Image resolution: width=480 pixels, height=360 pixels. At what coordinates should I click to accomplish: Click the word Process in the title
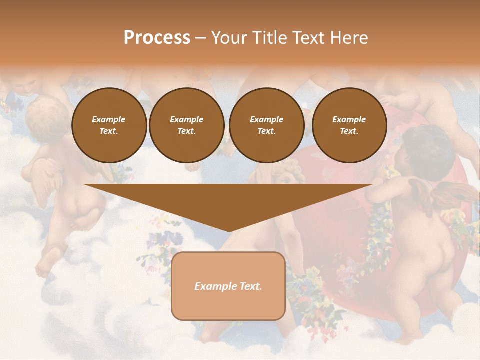pos(157,38)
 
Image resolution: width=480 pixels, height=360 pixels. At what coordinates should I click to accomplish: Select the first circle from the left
pos(109,125)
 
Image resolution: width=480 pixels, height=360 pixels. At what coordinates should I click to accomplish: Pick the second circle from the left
pos(187,125)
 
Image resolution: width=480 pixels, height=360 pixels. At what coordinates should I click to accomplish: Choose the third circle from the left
pos(266,125)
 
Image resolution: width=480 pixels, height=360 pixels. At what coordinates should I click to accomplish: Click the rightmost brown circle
pos(349,125)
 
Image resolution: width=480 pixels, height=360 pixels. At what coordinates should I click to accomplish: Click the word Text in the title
pos(308,38)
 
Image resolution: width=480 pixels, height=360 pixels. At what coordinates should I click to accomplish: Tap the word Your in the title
pos(229,38)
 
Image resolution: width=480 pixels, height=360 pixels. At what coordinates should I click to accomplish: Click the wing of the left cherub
pos(45,177)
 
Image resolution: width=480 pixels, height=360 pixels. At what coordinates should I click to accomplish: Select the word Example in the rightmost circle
pos(349,119)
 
